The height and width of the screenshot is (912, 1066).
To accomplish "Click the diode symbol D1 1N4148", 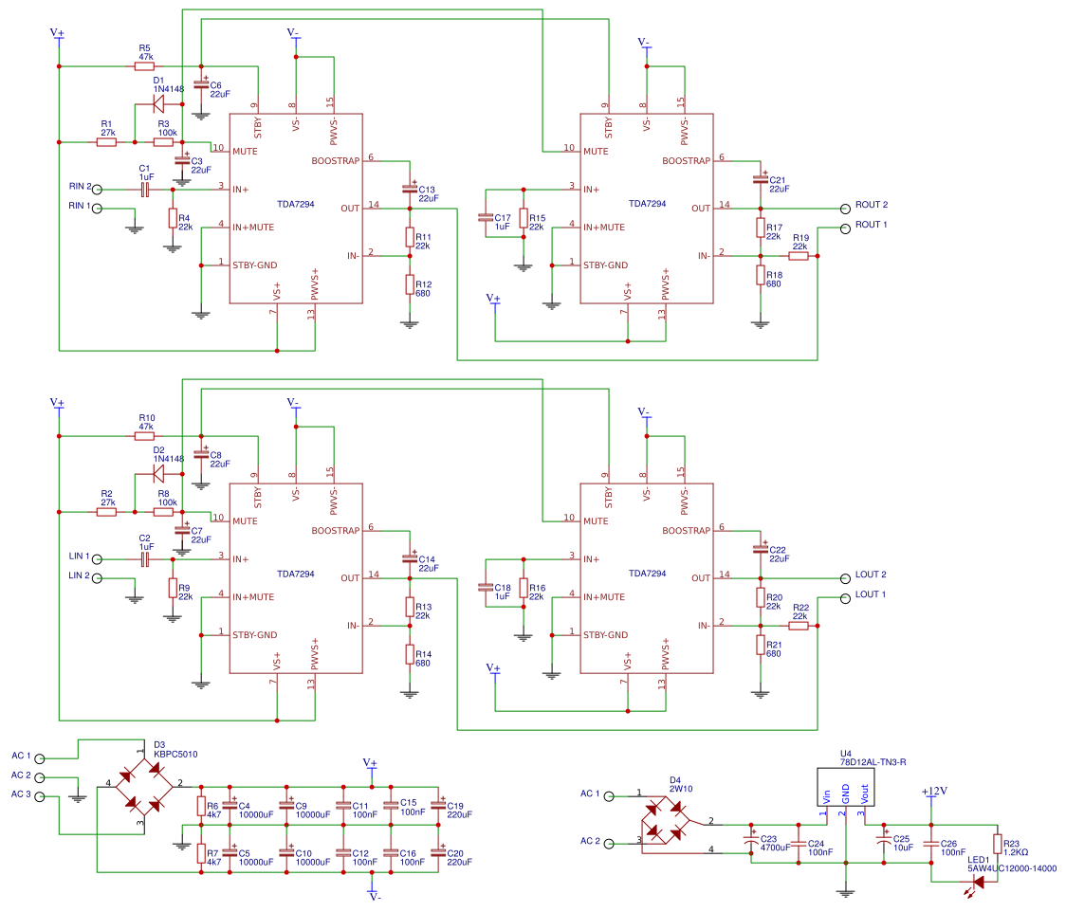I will [x=158, y=104].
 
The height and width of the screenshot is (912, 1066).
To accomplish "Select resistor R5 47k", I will [x=144, y=66].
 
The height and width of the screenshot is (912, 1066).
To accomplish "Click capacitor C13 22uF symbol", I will [x=410, y=189].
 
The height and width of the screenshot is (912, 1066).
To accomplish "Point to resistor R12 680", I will [x=410, y=283].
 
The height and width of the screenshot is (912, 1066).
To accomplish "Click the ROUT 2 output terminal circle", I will [x=843, y=208].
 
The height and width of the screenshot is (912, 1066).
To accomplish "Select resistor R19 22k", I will [x=799, y=256].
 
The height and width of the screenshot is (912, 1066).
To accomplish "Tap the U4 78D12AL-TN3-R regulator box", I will [x=846, y=786].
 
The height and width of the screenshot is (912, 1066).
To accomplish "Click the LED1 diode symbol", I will [x=978, y=882].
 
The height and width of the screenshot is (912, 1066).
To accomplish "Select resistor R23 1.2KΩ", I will [x=997, y=844].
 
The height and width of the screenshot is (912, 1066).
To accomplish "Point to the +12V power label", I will [x=934, y=791].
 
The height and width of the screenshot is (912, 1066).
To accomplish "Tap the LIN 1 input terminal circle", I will [x=97, y=558].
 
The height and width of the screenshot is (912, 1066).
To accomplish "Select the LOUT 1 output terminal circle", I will [x=843, y=597].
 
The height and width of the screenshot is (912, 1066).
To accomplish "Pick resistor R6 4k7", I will [x=200, y=806].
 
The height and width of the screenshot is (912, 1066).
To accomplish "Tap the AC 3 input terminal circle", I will [x=40, y=796].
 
